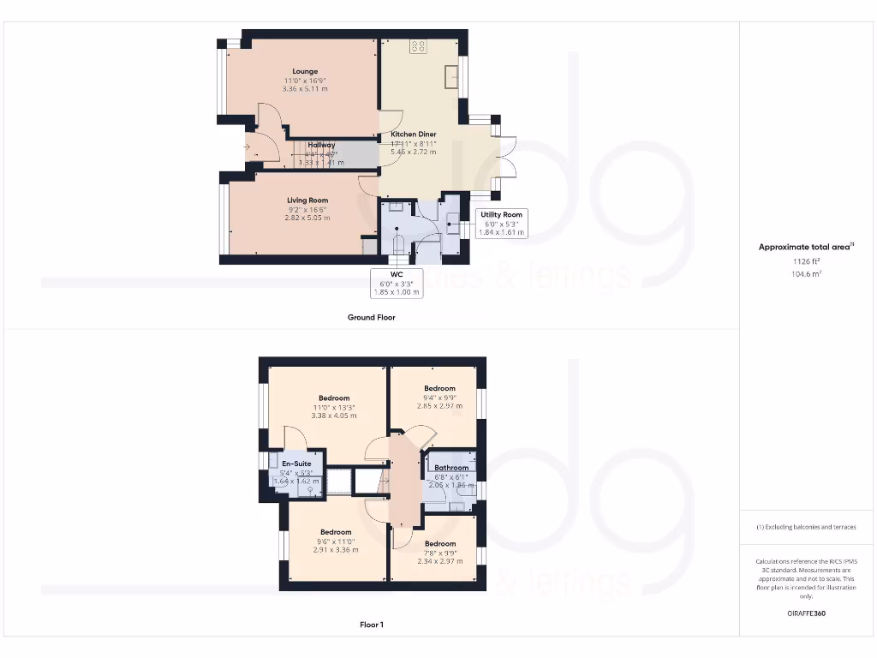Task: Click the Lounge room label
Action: (305, 71)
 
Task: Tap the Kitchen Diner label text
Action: (414, 135)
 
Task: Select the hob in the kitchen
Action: (419, 45)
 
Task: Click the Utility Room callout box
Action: (501, 224)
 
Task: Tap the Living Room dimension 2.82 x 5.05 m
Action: (307, 218)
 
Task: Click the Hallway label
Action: (322, 145)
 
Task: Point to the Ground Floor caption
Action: (371, 317)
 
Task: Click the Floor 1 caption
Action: (371, 625)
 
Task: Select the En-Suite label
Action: (295, 464)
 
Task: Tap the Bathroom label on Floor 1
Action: (450, 467)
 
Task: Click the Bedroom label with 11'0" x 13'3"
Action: (334, 398)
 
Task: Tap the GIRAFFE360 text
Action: (807, 613)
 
